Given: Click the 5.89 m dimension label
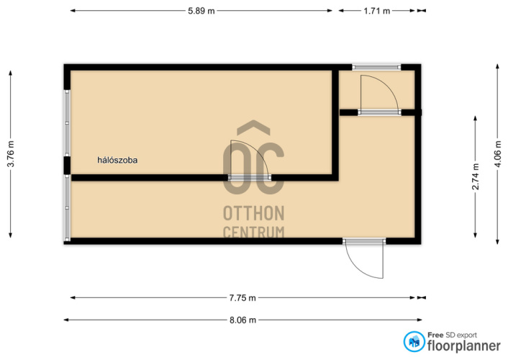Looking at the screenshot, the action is [201, 11].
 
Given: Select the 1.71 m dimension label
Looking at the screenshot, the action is [377, 11].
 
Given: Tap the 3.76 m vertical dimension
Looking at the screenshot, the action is [11, 154].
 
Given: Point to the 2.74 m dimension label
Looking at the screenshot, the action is [476, 176].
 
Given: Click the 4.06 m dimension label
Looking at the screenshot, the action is [498, 154].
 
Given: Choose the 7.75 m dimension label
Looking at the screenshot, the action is [242, 298].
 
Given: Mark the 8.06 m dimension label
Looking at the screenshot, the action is [242, 320].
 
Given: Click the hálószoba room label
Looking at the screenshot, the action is [117, 160].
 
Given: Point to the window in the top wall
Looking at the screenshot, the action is [376, 67].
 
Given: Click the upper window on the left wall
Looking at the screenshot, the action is [67, 123].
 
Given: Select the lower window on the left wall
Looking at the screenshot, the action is [67, 208].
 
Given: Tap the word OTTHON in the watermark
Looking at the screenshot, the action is [254, 213].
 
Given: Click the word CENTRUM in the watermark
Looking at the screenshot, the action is [254, 232].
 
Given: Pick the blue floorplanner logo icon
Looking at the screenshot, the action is [414, 341].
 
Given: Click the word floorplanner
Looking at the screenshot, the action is [464, 346].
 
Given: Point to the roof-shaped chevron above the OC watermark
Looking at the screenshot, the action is [254, 127].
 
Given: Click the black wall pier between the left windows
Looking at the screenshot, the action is [67, 166].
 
